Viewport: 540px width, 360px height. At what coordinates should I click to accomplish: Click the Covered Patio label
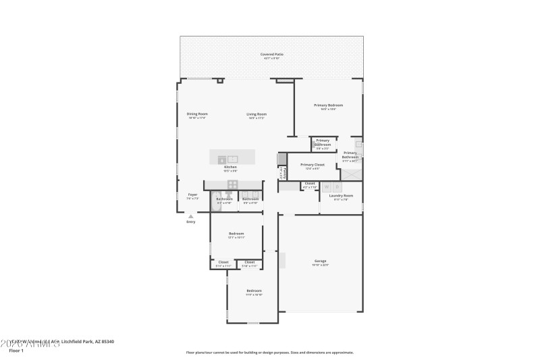coord(271,54)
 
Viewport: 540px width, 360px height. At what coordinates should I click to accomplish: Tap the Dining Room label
coord(196,114)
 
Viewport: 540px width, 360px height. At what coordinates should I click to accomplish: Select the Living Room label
coord(256,114)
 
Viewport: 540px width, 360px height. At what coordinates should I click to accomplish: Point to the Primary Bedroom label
coord(329,105)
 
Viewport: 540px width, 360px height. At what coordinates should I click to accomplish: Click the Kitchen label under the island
coord(230,167)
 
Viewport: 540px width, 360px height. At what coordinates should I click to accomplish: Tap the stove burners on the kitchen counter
coord(232,184)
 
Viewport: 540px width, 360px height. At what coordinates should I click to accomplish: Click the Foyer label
coord(192,195)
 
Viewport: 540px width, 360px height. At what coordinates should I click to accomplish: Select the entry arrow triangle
coord(191,216)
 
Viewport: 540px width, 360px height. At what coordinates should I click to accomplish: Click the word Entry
coord(191,222)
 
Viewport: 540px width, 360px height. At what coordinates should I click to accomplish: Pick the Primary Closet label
coord(313,165)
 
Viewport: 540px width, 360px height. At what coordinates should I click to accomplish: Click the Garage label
coord(320,261)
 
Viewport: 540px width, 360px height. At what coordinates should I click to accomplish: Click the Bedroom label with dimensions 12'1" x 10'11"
coord(236,234)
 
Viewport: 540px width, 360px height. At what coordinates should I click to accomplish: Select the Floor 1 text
coord(16,351)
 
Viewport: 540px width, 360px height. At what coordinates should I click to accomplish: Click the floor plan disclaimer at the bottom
coord(269,352)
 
